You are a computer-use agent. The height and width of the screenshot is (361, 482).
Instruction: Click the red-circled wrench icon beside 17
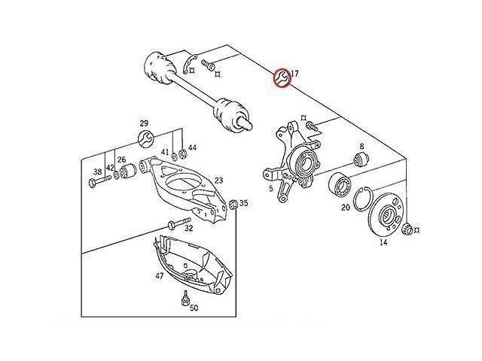282,77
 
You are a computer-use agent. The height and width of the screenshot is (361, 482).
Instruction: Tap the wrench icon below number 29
145,138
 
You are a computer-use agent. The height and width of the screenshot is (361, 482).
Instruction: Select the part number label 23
218,180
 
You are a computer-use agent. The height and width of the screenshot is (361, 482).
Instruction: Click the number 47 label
159,276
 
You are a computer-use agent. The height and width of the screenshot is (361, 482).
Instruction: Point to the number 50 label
194,308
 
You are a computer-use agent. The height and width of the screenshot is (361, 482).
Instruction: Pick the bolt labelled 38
99,180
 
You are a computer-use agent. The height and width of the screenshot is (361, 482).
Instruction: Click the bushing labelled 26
127,171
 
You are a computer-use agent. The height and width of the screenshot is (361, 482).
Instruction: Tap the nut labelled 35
233,204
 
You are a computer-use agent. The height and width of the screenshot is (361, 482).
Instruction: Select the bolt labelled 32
179,223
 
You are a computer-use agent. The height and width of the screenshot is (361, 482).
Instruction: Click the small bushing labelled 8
361,159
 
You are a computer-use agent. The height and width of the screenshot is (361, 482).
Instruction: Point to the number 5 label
270,189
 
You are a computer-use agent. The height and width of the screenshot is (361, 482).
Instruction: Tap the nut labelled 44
182,152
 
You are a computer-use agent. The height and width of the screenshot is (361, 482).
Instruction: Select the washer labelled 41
173,156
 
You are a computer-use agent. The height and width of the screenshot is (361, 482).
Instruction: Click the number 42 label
110,168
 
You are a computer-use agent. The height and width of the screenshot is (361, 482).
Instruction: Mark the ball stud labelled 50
185,299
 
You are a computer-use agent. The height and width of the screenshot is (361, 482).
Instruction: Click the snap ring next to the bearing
363,199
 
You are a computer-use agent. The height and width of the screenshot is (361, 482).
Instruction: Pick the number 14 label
383,242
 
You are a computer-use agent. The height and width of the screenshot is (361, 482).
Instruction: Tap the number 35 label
244,203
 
